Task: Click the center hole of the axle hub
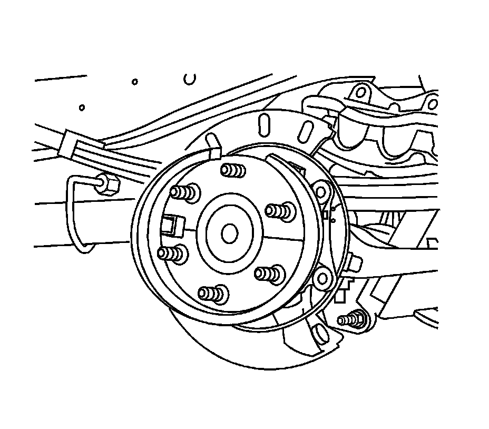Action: (229, 233)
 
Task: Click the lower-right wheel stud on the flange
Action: (269, 274)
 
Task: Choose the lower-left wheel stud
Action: (172, 254)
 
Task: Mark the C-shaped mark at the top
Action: (191, 79)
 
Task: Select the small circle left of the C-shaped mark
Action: (135, 82)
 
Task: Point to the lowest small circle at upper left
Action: (82, 108)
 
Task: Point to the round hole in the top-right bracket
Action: (360, 93)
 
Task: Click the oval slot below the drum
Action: (318, 333)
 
